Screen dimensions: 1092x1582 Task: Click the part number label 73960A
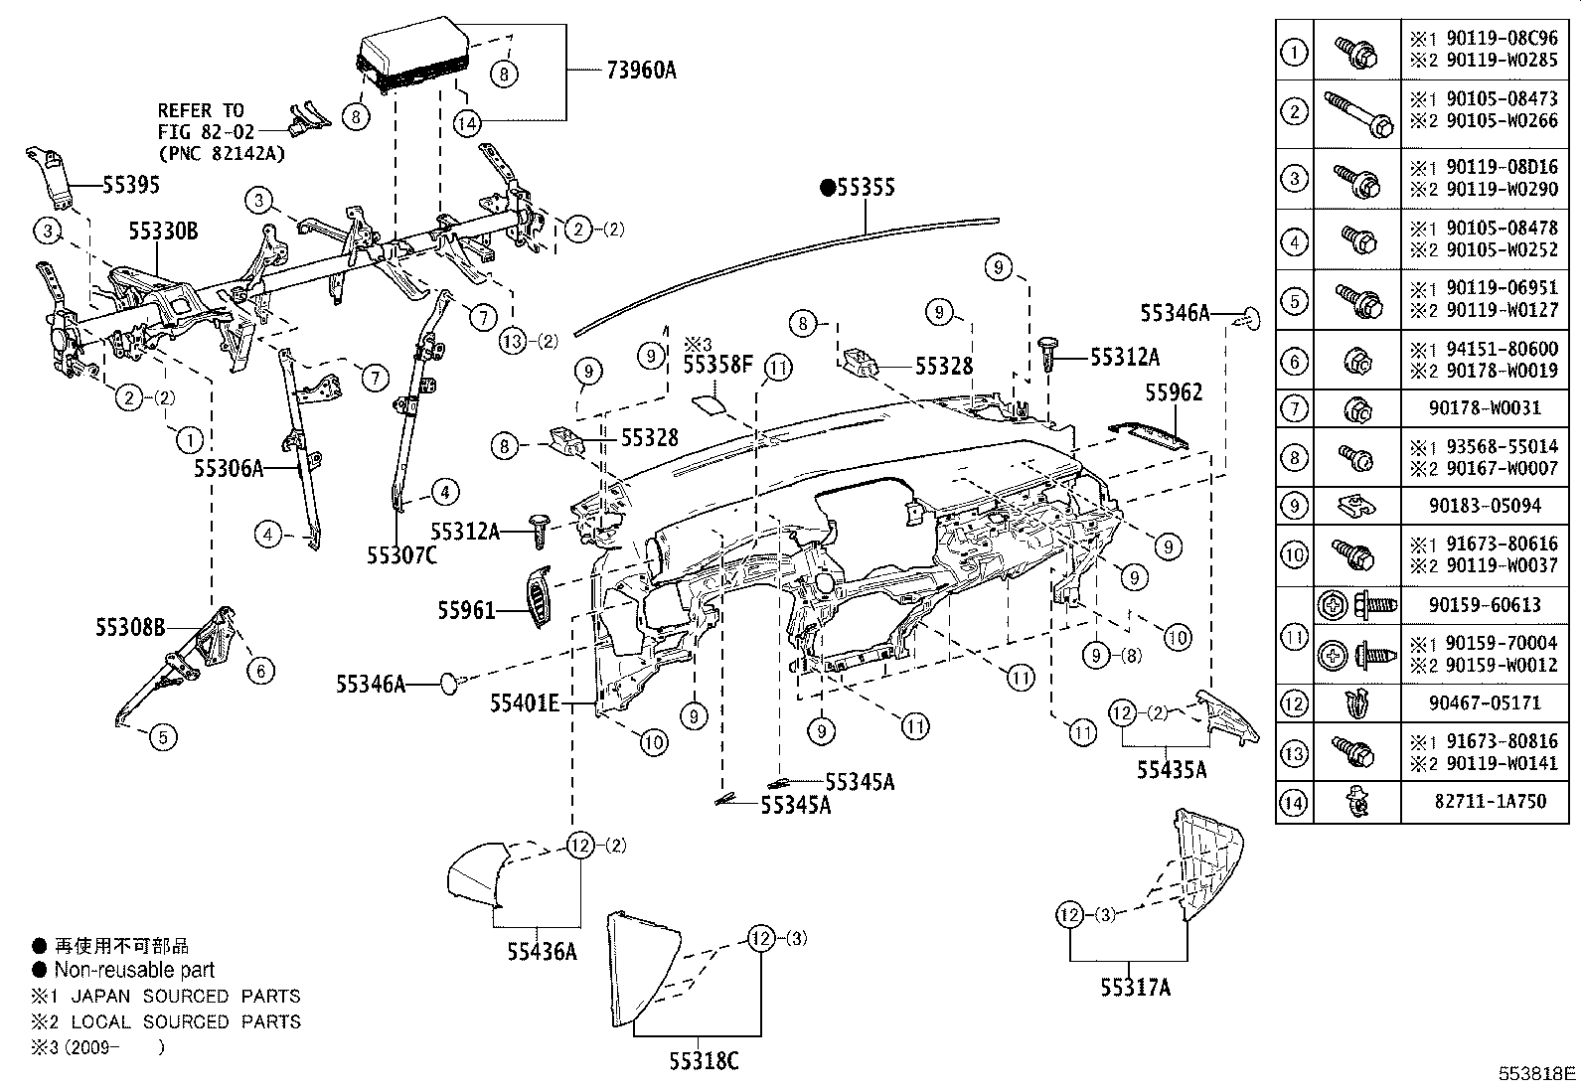click(641, 70)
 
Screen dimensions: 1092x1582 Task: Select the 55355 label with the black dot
click(858, 187)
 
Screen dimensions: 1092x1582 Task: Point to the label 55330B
click(162, 232)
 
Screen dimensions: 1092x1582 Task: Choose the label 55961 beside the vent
click(466, 610)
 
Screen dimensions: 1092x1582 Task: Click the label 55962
click(1174, 392)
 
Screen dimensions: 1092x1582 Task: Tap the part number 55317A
click(1135, 987)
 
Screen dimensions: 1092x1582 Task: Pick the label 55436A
click(542, 951)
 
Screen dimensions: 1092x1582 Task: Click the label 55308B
click(130, 627)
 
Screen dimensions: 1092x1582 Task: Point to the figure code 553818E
click(1537, 1074)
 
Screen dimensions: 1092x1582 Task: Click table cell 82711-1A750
click(1488, 802)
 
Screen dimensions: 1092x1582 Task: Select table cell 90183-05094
click(1488, 506)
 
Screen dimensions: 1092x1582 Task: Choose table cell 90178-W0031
click(1488, 407)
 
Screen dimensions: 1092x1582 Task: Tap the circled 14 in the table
click(1294, 803)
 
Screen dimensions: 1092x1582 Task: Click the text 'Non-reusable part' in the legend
click(134, 970)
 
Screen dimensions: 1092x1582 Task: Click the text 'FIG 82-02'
click(206, 131)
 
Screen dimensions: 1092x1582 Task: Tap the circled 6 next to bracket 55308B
click(260, 671)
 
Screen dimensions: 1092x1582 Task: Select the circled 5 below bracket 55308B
click(164, 737)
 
